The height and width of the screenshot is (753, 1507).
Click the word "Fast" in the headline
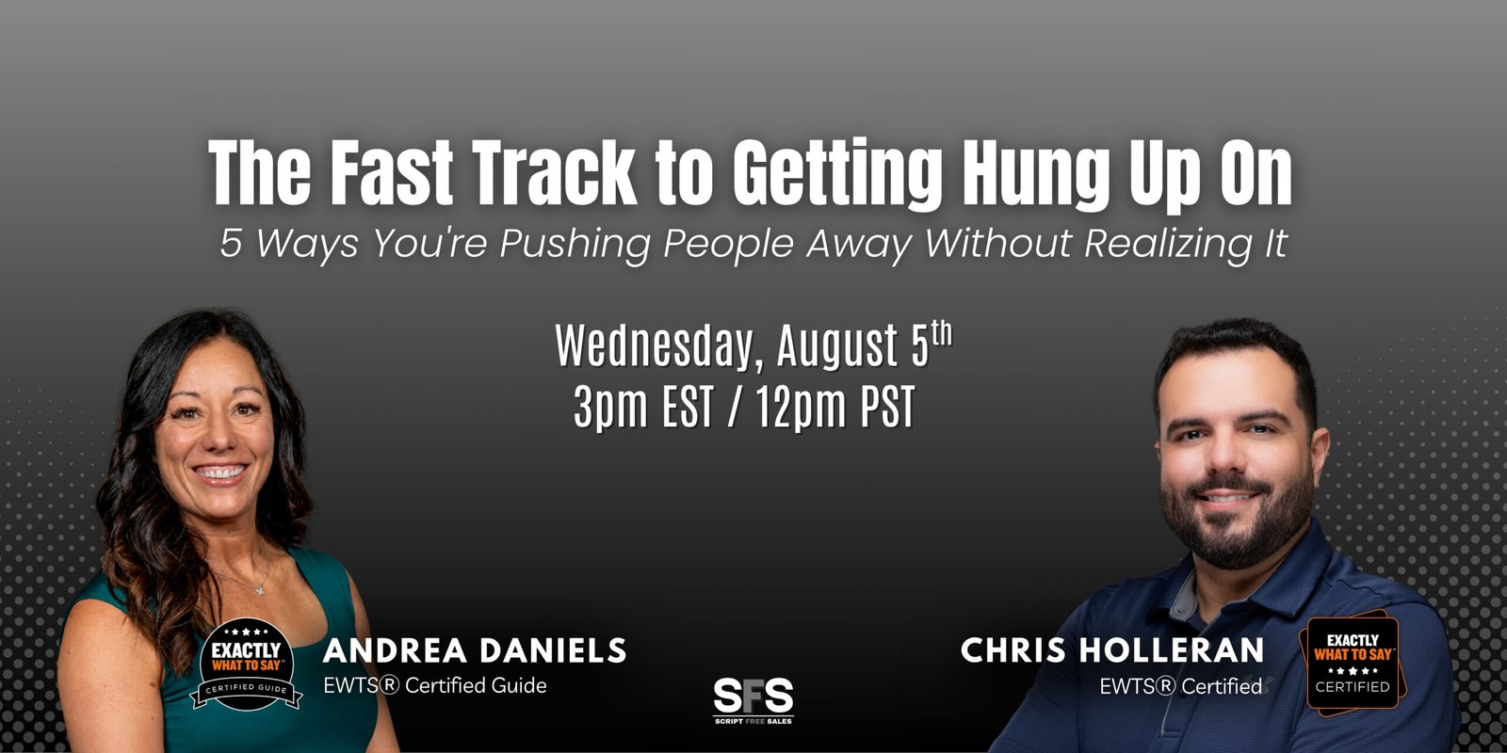392,172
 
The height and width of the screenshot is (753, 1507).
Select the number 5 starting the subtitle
230,244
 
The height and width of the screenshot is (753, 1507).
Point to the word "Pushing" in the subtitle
575,246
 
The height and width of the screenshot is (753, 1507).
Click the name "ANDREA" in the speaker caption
395,650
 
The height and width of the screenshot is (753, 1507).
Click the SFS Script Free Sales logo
753,700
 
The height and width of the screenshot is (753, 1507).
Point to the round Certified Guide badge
246,665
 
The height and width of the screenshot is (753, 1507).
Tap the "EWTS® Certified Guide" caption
434,686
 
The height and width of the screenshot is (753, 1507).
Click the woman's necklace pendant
260,590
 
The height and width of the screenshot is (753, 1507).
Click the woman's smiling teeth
220,473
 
